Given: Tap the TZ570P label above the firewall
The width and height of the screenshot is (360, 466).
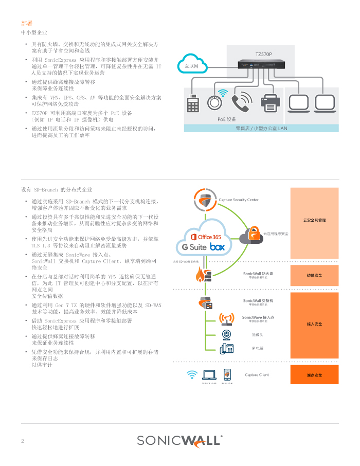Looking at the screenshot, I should tap(264, 53).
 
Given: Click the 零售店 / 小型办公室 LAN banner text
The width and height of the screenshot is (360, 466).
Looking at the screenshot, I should tap(261, 128).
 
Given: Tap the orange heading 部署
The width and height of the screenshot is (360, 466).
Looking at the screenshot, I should tap(27, 23).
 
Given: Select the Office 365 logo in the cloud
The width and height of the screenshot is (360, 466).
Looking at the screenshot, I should tap(206, 237).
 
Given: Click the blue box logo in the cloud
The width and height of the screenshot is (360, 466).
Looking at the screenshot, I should tap(218, 247).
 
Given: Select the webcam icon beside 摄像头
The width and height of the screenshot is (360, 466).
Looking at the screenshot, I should tap(226, 335).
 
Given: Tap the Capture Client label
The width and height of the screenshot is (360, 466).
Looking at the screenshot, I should tap(257, 374).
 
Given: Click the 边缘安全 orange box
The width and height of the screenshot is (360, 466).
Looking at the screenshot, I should tap(314, 275).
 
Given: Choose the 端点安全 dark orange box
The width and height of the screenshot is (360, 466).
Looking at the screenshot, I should tap(314, 374).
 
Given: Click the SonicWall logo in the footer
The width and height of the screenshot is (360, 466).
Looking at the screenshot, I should tap(179, 440).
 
